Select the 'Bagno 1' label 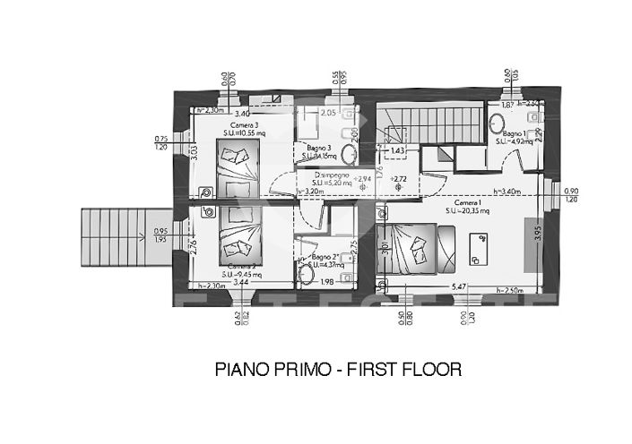coord(513,132)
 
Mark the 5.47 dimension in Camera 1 coord(458,286)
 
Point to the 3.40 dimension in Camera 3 coord(242,115)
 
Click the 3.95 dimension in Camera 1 coord(540,235)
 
